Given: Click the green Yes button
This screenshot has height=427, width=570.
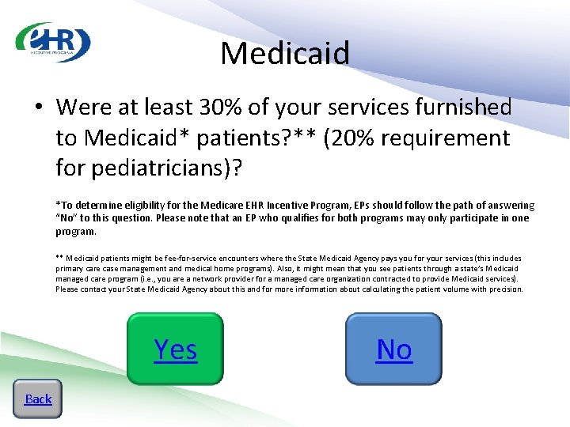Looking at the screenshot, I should pyautogui.click(x=175, y=349).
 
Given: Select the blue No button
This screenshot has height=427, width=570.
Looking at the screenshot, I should pyautogui.click(x=393, y=349).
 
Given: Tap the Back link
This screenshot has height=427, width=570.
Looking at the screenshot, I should pyautogui.click(x=38, y=399).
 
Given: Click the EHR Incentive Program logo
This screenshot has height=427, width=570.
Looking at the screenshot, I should pyautogui.click(x=54, y=43).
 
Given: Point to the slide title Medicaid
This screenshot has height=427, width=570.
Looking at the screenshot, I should pyautogui.click(x=285, y=54).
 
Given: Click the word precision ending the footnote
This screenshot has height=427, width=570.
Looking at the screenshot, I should pyautogui.click(x=506, y=289).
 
